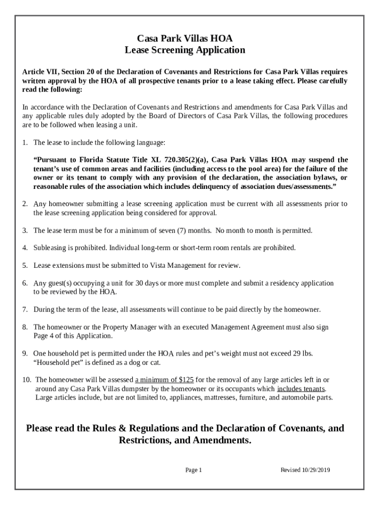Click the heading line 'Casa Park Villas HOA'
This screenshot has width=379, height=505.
pos(185,38)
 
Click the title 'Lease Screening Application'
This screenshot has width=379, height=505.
pos(185,50)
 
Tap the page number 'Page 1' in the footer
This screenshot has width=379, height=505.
pos(193,470)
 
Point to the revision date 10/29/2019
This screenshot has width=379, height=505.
pos(315,470)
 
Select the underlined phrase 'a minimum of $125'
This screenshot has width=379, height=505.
pos(164,380)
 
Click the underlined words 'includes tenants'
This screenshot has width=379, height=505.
pos(301,389)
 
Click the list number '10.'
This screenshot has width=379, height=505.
pos(27,380)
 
